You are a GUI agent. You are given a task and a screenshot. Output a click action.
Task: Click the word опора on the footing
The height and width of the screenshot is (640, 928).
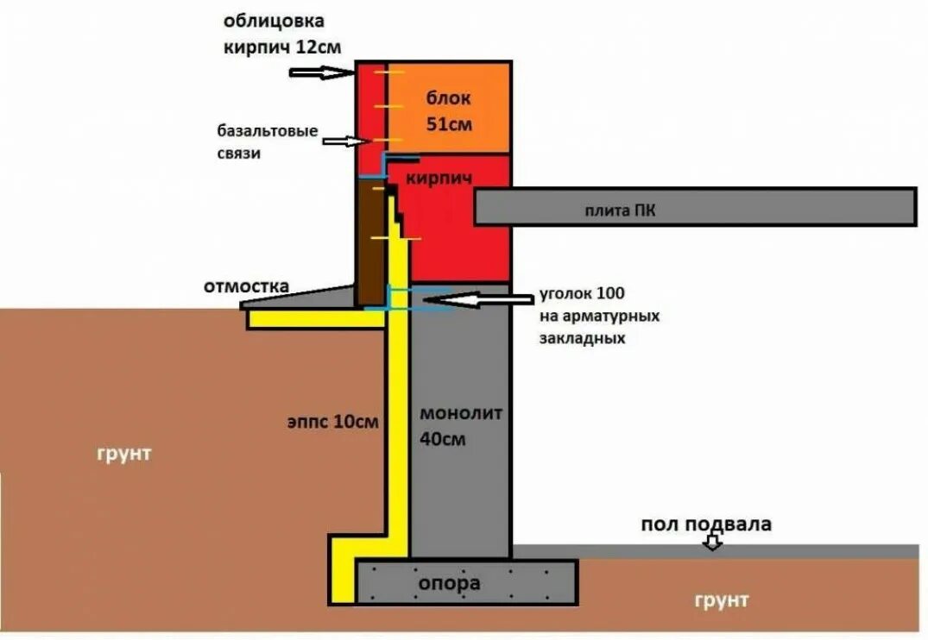pyautogui.click(x=449, y=583)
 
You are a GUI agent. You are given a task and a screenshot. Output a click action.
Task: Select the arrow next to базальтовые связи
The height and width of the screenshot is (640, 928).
pyautogui.click(x=344, y=141)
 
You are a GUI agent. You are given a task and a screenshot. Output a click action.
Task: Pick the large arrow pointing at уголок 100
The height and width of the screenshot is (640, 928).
pyautogui.click(x=483, y=299)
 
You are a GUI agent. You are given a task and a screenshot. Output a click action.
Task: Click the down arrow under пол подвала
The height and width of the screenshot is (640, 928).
pyautogui.click(x=711, y=543)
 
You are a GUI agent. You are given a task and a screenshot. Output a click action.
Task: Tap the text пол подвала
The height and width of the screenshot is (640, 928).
pyautogui.click(x=705, y=524)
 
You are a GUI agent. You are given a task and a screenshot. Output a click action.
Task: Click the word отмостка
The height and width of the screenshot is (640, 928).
pyautogui.click(x=246, y=285)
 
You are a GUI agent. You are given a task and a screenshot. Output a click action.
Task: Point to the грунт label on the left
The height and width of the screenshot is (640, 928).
pyautogui.click(x=123, y=453)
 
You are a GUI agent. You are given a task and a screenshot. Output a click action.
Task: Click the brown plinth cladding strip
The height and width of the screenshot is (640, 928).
pyautogui.click(x=371, y=246)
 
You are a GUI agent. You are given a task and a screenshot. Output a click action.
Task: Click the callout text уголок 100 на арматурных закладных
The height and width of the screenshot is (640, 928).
pyautogui.click(x=598, y=316)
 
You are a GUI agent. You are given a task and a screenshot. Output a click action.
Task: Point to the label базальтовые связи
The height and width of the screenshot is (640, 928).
pyautogui.click(x=268, y=142)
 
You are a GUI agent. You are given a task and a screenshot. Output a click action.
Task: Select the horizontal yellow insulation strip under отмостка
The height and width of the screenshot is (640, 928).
pyautogui.click(x=315, y=318)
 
